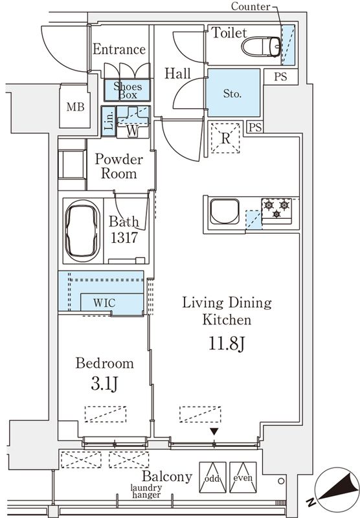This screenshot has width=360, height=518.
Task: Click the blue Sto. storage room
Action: point(232,93)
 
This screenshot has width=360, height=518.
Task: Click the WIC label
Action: point(105,302)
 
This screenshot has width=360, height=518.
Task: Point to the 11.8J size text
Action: point(226,343)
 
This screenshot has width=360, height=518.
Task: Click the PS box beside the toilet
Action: point(280,76)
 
